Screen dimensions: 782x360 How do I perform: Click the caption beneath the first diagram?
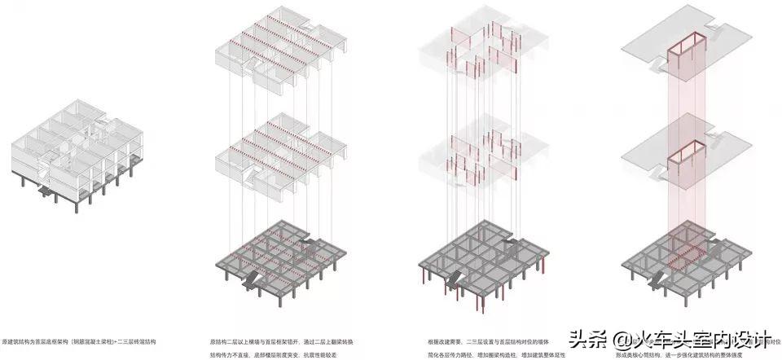pos(77,340)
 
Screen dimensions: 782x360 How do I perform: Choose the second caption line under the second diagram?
pos(278,354)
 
